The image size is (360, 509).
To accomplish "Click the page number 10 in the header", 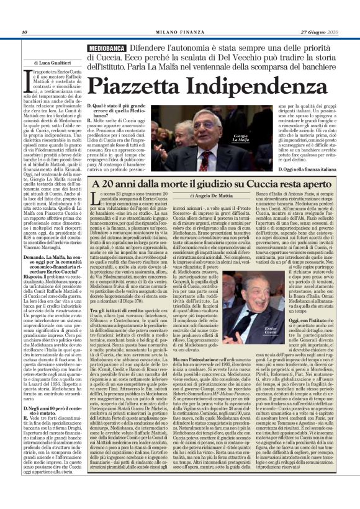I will click(24, 32).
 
